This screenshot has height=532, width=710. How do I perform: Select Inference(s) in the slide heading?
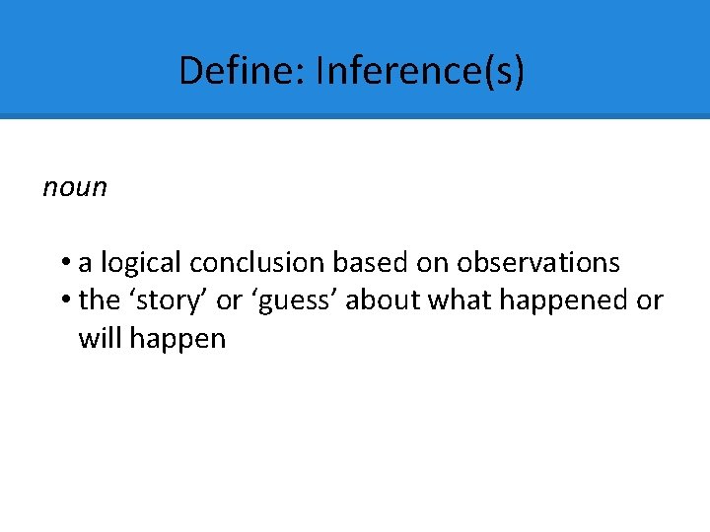click(x=420, y=71)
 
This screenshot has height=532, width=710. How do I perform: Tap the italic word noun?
click(x=75, y=187)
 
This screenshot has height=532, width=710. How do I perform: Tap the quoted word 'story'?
click(x=168, y=300)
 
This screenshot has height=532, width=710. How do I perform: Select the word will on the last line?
click(x=100, y=339)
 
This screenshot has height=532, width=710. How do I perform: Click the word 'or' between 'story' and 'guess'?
click(x=229, y=300)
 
